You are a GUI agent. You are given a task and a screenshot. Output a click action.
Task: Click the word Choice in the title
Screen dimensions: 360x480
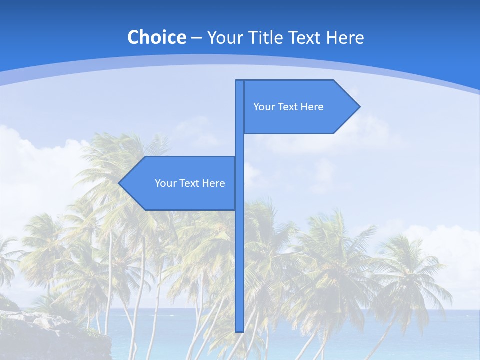pyautogui.click(x=156, y=37)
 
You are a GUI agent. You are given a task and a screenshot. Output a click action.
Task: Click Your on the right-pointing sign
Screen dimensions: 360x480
pyautogui.click(x=264, y=107)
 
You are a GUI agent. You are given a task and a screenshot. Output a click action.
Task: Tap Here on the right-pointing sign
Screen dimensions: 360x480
pyautogui.click(x=312, y=107)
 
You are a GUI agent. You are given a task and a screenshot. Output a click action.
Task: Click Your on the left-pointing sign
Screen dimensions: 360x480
pyautogui.click(x=165, y=183)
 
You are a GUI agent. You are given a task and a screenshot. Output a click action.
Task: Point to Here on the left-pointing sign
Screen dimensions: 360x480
pyautogui.click(x=214, y=183)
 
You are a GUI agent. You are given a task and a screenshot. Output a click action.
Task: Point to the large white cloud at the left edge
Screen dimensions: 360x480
pyautogui.click(x=30, y=165)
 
